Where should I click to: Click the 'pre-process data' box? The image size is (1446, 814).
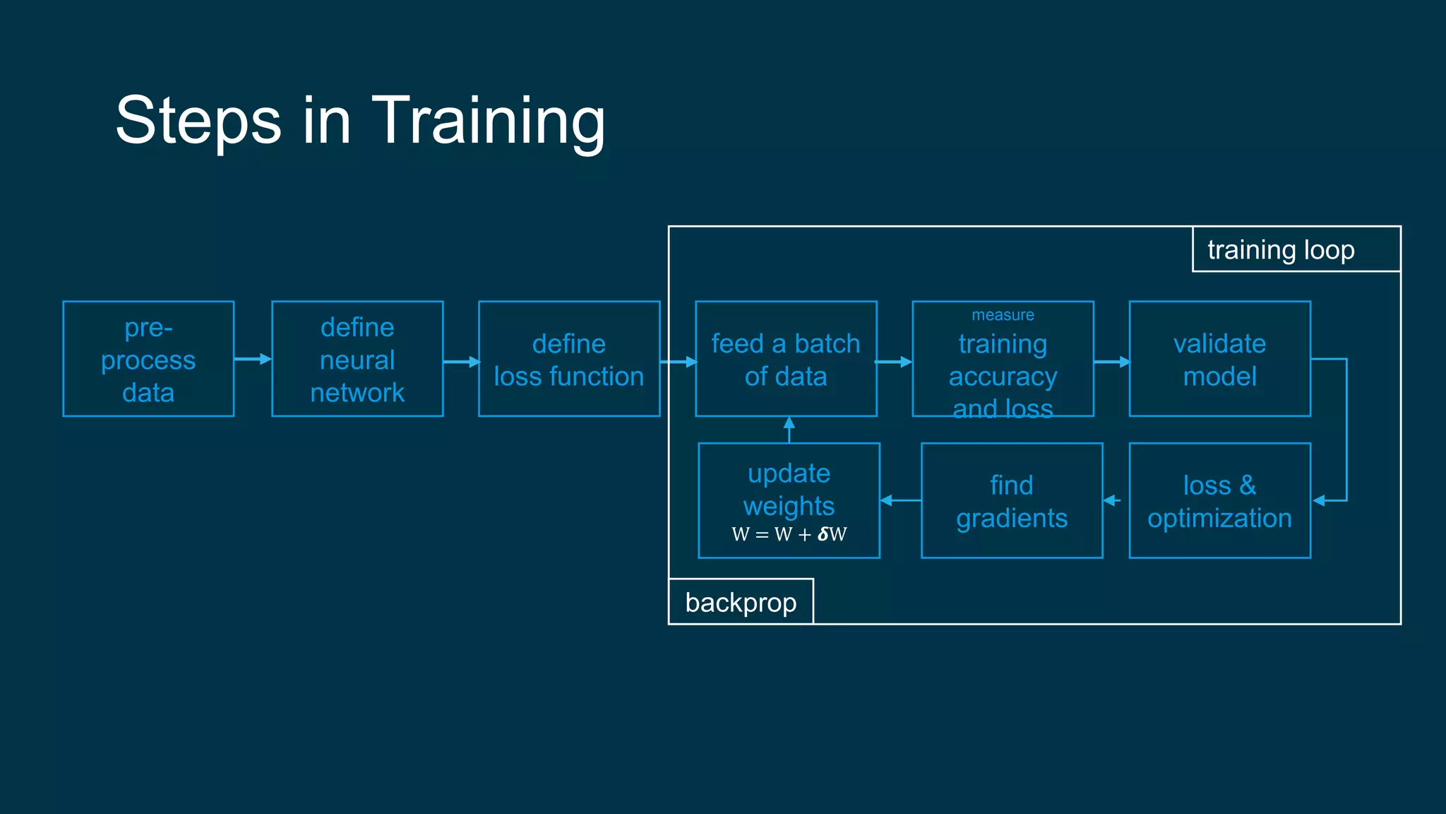[x=148, y=359]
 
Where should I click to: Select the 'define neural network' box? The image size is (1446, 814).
[x=357, y=359]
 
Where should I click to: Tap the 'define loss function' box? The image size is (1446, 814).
[x=569, y=359]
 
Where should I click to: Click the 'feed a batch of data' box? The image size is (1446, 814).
[x=786, y=359]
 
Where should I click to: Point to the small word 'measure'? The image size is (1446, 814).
[x=1003, y=315]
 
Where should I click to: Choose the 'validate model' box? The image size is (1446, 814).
[x=1219, y=359]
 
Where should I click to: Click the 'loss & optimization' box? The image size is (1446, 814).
[x=1219, y=501]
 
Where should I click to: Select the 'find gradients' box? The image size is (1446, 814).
[x=1012, y=501]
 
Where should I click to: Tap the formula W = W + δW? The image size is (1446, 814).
[x=789, y=534]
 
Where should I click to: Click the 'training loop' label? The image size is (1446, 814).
[x=1281, y=250]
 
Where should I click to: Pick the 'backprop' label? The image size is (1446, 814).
[x=741, y=603]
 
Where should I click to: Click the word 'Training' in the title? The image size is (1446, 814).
[x=488, y=122]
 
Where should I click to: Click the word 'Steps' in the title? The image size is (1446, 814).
[x=198, y=122]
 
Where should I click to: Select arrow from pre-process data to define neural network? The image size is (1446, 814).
[x=253, y=359]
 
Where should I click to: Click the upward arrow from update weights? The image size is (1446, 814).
[x=789, y=430]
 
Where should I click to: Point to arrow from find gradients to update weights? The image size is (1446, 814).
[x=900, y=500]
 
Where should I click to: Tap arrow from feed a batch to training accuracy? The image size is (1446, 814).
[x=894, y=362]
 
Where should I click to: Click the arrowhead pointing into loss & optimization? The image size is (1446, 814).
[x=1319, y=500]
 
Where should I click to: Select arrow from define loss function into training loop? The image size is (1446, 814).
[x=679, y=362]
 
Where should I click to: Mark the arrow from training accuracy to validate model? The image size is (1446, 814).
[x=1111, y=362]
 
